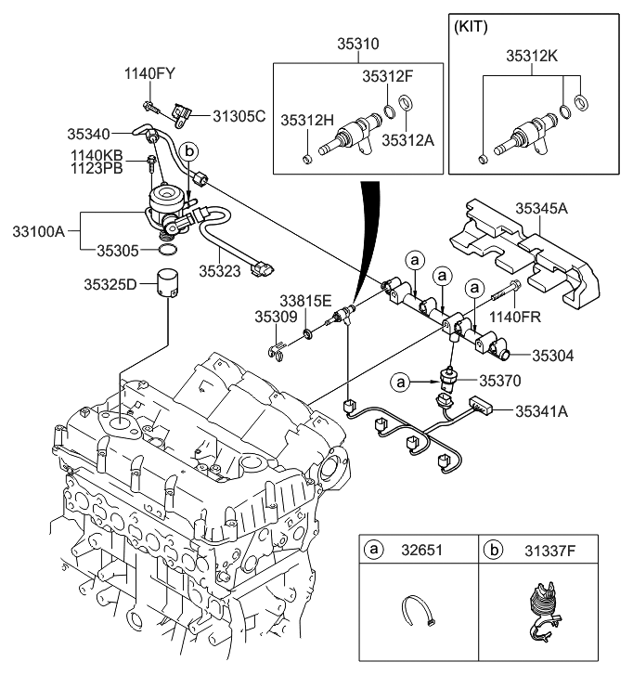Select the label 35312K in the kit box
coord(532,56)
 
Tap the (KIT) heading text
coord(473,28)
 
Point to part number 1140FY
coord(149,72)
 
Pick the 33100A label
coord(39,229)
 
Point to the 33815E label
coord(306,301)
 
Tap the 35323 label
coord(220,271)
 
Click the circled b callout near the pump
coord(189,149)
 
